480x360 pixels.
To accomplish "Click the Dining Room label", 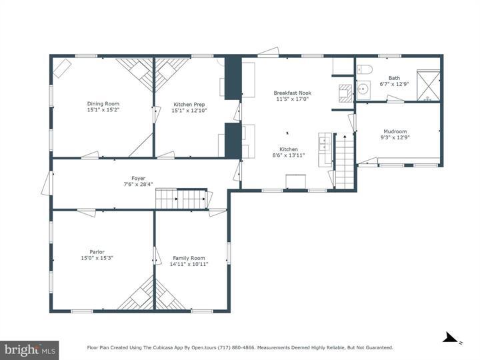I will pos(103,103).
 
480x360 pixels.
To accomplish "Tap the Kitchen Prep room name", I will pos(189,105).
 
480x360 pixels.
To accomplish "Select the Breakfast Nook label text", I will pos(293,93).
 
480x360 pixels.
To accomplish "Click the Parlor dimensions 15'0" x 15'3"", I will pos(97,258).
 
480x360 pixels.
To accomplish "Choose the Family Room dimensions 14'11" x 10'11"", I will pos(190,264).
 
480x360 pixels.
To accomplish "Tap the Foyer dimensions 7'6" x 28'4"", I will pos(138,185).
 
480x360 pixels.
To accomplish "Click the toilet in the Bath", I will pos(365,69).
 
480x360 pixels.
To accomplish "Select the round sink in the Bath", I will pos(363,89).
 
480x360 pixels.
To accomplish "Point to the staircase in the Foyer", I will pos(182,198).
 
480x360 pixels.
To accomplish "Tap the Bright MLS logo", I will pos(29,349).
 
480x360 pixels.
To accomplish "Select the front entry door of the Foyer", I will pos(47,183).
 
